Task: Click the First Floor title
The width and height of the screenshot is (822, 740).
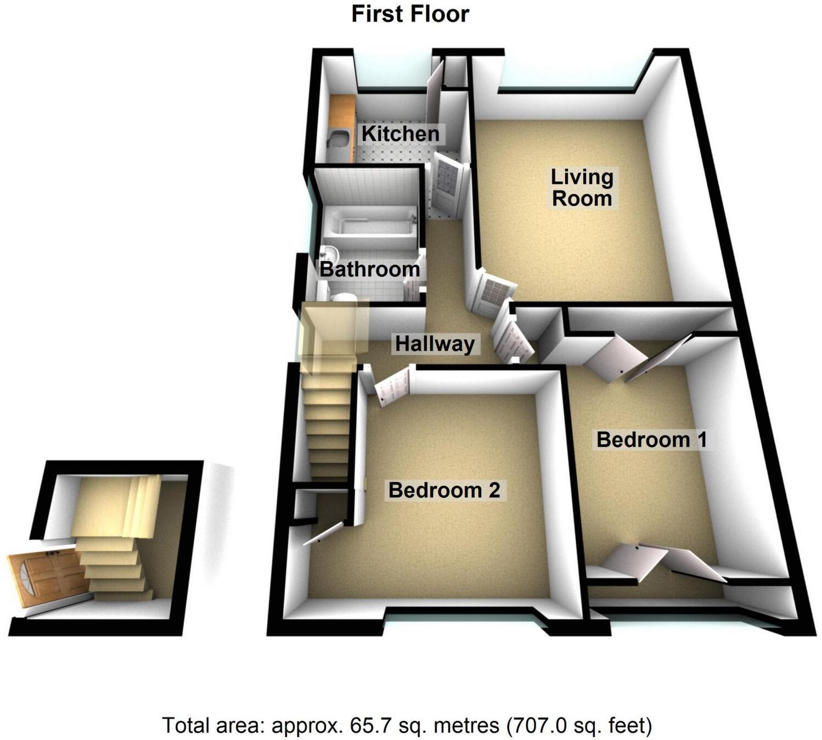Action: point(410,14)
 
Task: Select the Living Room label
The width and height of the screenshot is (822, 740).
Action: point(582,188)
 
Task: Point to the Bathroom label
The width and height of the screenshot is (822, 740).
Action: point(369,269)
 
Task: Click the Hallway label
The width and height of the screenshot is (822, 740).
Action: point(435,344)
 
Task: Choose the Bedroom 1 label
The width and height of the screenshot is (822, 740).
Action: point(651,440)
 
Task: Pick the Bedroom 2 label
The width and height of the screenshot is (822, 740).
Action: point(444,490)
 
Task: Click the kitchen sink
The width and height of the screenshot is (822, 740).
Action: point(336,139)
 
